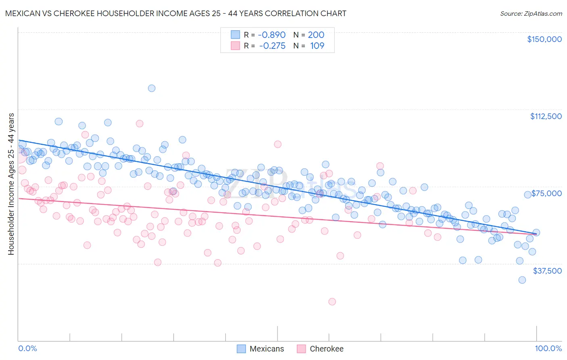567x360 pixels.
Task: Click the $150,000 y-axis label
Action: [544, 39]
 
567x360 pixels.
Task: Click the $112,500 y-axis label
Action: [546, 116]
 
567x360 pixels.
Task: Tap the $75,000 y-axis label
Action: [546, 193]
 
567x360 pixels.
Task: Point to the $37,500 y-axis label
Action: [547, 271]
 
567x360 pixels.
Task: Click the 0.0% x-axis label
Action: [27, 349]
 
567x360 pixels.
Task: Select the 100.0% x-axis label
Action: [548, 349]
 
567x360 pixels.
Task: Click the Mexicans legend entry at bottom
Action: [260, 349]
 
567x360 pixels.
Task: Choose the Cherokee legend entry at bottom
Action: [320, 349]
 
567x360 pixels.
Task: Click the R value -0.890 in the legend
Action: [271, 35]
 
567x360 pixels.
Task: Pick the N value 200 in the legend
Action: [316, 35]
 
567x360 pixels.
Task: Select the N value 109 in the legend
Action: [317, 46]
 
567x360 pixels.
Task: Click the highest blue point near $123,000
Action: [152, 88]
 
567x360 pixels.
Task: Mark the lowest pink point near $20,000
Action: [332, 301]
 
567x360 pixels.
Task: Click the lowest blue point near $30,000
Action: [522, 280]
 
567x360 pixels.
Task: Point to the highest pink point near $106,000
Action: [140, 123]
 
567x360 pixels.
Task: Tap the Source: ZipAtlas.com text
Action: [531, 13]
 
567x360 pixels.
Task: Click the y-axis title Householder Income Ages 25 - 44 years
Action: [11, 184]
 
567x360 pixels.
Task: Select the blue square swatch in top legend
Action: [235, 35]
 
